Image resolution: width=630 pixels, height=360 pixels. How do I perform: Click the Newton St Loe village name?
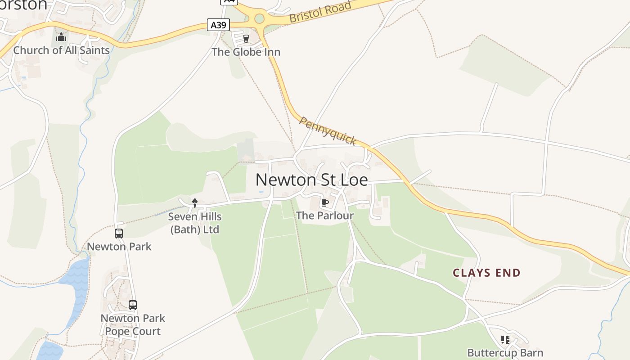coord(311,180)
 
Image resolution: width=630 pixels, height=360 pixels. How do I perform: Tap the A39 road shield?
coord(218,25)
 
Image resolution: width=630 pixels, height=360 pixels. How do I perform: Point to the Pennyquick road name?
coord(328,131)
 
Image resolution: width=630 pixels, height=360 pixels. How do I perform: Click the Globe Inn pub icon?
coord(246,39)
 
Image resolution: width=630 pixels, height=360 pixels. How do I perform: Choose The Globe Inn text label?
coord(246,52)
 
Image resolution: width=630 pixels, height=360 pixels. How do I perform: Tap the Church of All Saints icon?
coord(61,37)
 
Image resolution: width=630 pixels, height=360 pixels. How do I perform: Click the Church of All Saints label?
coord(61,50)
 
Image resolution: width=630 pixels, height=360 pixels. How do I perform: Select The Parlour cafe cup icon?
coord(324,203)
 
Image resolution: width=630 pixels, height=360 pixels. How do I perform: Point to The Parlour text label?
coord(324,216)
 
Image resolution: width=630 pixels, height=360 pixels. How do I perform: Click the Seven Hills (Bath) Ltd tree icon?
coord(195,203)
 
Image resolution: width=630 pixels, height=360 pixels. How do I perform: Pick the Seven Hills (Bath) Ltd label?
coord(195,223)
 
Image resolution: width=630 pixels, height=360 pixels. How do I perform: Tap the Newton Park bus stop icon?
coord(119,234)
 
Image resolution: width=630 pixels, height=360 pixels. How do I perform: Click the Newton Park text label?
coord(119,247)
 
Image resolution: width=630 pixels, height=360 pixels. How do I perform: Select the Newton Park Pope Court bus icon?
coord(133,305)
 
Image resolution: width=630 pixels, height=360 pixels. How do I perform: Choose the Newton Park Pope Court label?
coord(133,325)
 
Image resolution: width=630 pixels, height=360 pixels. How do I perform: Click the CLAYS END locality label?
coord(486,273)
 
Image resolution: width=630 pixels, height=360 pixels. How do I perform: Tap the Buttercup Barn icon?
coord(505,340)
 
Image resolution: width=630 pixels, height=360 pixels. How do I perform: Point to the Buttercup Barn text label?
coord(505,353)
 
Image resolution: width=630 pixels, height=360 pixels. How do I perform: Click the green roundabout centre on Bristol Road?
coord(259,19)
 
